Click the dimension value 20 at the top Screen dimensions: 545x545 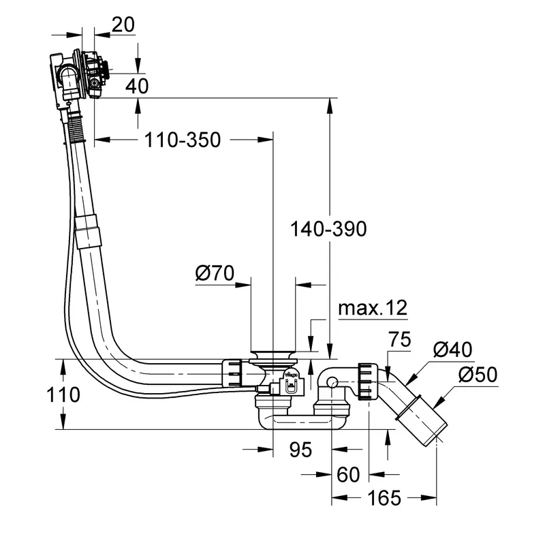pyautogui.click(x=123, y=25)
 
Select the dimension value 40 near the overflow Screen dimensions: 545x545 pyautogui.click(x=137, y=86)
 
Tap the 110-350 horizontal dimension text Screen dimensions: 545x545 pyautogui.click(x=183, y=140)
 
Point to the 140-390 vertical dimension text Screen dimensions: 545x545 pyautogui.click(x=328, y=229)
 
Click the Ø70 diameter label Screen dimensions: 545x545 pyautogui.click(x=215, y=273)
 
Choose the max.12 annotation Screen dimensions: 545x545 pyautogui.click(x=373, y=308)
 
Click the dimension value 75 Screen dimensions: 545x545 pyautogui.click(x=400, y=339)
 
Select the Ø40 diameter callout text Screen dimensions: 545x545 pyautogui.click(x=453, y=349)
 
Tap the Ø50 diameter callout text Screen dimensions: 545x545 pyautogui.click(x=478, y=374)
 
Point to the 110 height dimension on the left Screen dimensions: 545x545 pyautogui.click(x=63, y=395)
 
